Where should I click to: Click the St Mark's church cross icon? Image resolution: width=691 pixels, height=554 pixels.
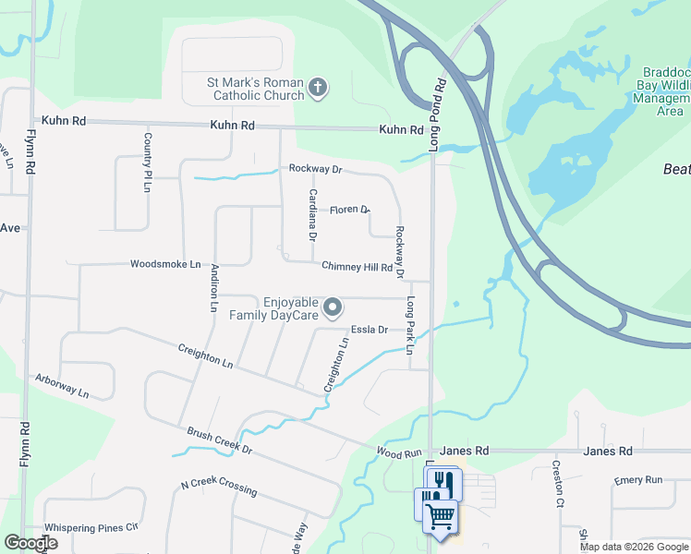(x=317, y=89)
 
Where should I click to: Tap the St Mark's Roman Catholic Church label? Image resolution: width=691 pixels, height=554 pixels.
(x=255, y=89)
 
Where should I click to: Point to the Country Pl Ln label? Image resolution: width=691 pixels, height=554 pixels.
(x=147, y=162)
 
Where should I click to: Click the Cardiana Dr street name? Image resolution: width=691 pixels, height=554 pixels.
(x=313, y=214)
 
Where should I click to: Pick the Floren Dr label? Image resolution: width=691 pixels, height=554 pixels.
(x=349, y=210)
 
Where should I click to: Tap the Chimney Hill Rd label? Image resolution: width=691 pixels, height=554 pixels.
(x=357, y=267)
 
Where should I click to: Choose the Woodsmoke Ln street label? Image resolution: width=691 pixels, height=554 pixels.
(x=165, y=264)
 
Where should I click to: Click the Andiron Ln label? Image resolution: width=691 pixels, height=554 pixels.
(x=214, y=287)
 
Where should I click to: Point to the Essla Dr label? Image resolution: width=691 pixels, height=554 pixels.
(x=369, y=329)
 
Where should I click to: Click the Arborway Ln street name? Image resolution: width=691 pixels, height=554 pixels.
(x=62, y=386)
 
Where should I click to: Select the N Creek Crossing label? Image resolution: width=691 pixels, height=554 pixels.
(x=218, y=487)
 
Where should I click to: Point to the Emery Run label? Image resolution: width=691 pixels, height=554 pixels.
(x=639, y=481)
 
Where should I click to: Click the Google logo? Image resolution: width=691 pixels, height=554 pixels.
(x=30, y=543)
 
